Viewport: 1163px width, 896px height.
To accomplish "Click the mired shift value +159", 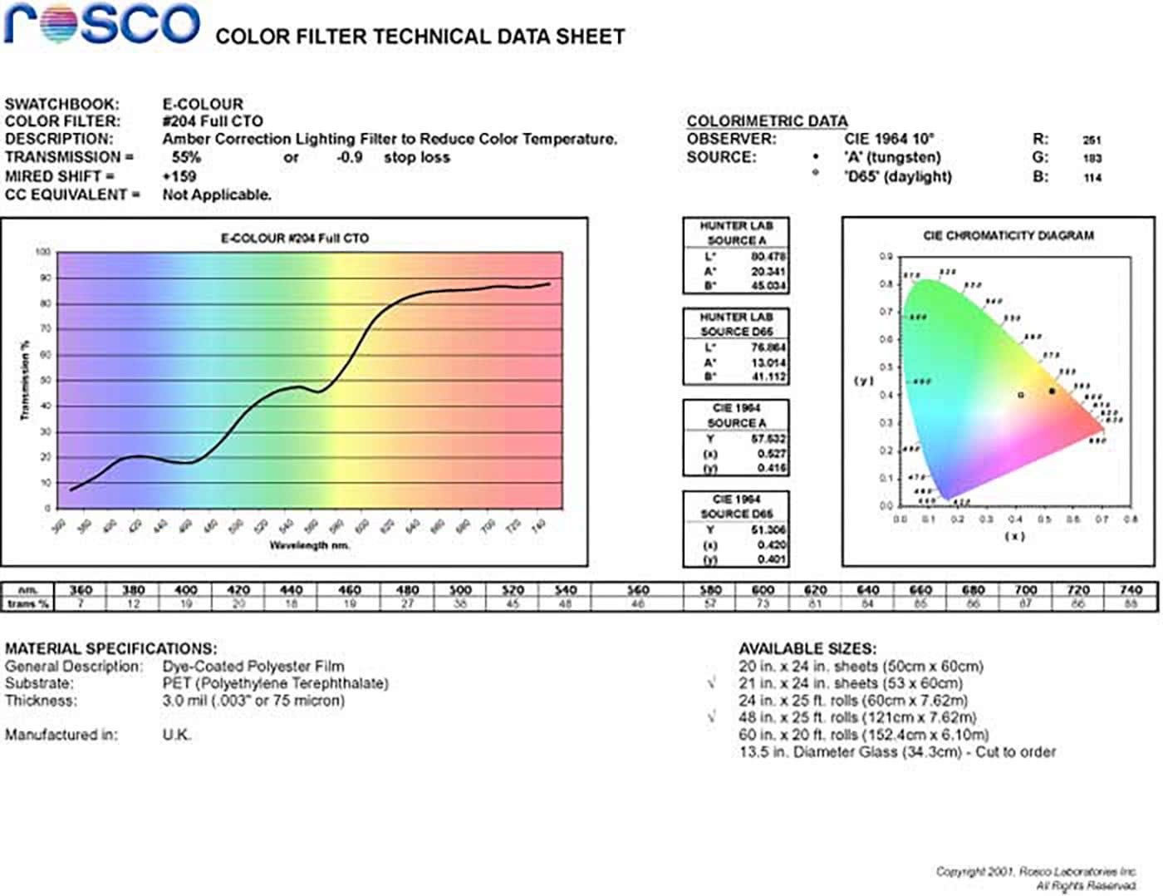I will (x=179, y=176).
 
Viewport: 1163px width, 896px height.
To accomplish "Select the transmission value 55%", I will (x=186, y=158).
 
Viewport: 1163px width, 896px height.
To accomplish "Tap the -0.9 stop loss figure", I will (x=349, y=158).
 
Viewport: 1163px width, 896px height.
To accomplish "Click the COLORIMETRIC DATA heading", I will (x=767, y=121).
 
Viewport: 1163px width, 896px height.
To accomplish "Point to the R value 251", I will (x=1092, y=140).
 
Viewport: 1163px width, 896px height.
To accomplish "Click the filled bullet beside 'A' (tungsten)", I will (x=816, y=157).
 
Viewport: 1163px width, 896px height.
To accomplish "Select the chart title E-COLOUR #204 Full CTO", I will (x=295, y=239).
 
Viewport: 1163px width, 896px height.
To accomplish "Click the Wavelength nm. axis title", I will (x=309, y=545).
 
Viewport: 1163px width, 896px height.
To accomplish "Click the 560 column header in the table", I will (x=637, y=590).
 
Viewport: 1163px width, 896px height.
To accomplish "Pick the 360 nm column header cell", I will (x=81, y=590).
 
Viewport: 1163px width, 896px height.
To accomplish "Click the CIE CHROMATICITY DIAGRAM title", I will (x=1008, y=236).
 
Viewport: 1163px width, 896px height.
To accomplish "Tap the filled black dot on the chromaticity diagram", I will (x=1052, y=391).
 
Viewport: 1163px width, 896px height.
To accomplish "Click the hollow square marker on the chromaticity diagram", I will (x=1021, y=396).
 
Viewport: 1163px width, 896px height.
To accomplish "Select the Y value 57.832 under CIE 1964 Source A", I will (x=768, y=439).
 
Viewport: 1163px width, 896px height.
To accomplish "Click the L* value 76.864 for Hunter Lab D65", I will (x=768, y=348).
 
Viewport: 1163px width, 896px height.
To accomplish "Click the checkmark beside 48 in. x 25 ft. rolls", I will (x=712, y=717).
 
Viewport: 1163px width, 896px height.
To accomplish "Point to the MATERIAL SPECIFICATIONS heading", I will (x=110, y=648).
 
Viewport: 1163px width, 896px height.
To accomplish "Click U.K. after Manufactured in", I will (x=176, y=735).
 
